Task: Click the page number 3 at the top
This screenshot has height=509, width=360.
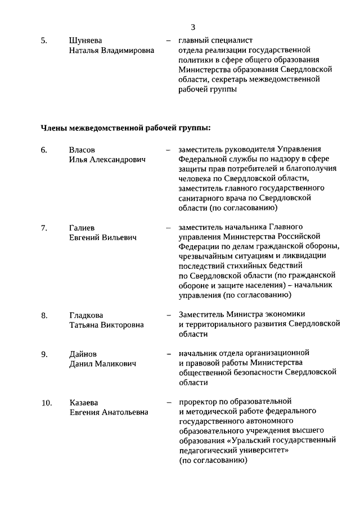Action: click(192, 26)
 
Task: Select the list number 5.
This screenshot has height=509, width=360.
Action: click(44, 40)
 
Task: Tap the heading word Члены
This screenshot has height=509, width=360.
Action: click(54, 127)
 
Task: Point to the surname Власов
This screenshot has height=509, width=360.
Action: click(82, 150)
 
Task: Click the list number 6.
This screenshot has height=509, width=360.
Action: click(44, 150)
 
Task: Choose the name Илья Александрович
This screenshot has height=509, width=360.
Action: click(107, 160)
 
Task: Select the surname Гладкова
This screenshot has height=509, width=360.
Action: click(86, 315)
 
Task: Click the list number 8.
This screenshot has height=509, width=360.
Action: click(44, 315)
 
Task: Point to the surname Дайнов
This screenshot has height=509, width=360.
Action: click(83, 354)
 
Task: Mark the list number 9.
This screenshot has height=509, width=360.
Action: click(44, 354)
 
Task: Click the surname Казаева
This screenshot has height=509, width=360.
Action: click(84, 402)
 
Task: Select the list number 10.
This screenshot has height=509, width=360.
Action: click(46, 402)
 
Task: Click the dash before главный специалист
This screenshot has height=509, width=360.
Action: click(168, 41)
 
